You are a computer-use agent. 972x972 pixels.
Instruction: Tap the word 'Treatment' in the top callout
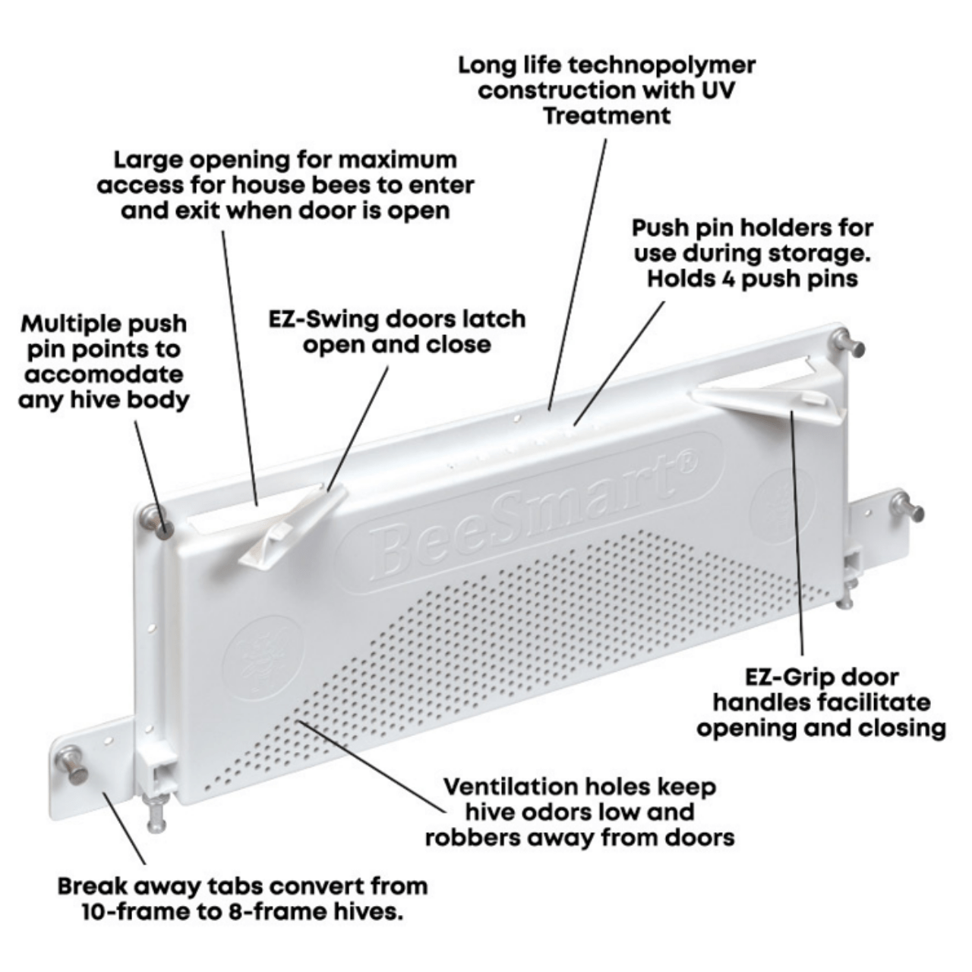[x=607, y=115]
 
